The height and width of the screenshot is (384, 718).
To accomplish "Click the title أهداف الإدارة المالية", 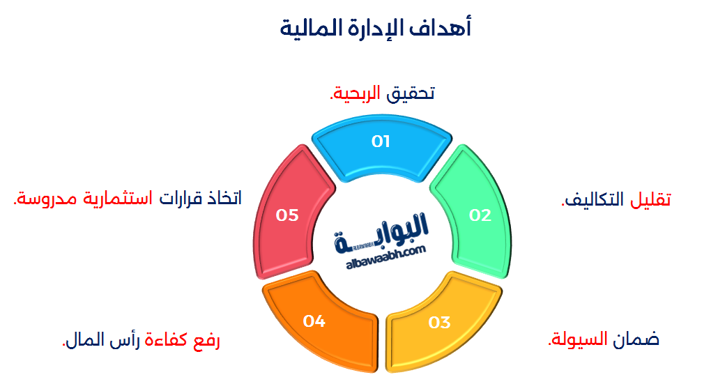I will [x=376, y=29].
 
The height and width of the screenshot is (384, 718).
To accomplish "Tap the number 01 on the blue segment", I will [x=381, y=141].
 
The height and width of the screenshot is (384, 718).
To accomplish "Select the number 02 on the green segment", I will [x=480, y=215].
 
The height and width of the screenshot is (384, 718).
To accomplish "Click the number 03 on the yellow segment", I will [x=440, y=323].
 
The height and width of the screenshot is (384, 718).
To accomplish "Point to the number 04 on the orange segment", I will [x=314, y=321].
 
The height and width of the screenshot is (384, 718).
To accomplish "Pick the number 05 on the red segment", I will [x=287, y=215].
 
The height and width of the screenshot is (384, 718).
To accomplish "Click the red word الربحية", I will [x=355, y=93].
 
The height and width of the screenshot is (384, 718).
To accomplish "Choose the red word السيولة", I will [x=578, y=339].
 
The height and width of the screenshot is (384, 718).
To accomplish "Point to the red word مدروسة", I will [x=44, y=199].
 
